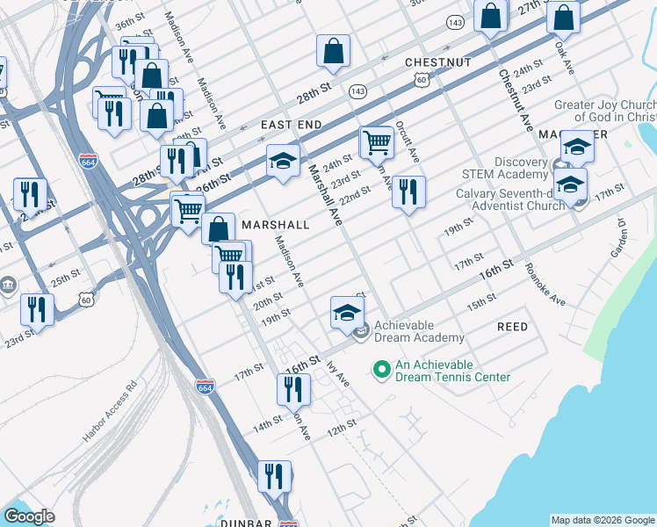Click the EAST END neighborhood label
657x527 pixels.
pyautogui.click(x=291, y=126)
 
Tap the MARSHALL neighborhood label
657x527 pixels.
pyautogui.click(x=275, y=225)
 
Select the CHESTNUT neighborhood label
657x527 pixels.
pyautogui.click(x=438, y=62)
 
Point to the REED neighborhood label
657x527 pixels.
pyautogui.click(x=513, y=327)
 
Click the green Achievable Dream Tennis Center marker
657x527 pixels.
pyautogui.click(x=381, y=369)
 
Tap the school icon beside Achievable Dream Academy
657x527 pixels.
pyautogui.click(x=347, y=312)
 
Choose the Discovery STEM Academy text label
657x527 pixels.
pyautogui.click(x=509, y=169)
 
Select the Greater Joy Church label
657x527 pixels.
pyautogui.click(x=604, y=111)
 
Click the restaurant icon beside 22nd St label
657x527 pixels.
pyautogui.click(x=408, y=192)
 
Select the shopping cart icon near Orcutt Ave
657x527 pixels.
pyautogui.click(x=377, y=141)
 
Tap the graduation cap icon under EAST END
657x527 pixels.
pyautogui.click(x=283, y=161)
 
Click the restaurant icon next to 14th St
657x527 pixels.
pyautogui.click(x=293, y=389)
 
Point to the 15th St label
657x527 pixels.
pyautogui.click(x=481, y=304)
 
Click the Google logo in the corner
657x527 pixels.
pyautogui.click(x=29, y=516)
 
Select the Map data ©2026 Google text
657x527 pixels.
pyautogui.click(x=603, y=520)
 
